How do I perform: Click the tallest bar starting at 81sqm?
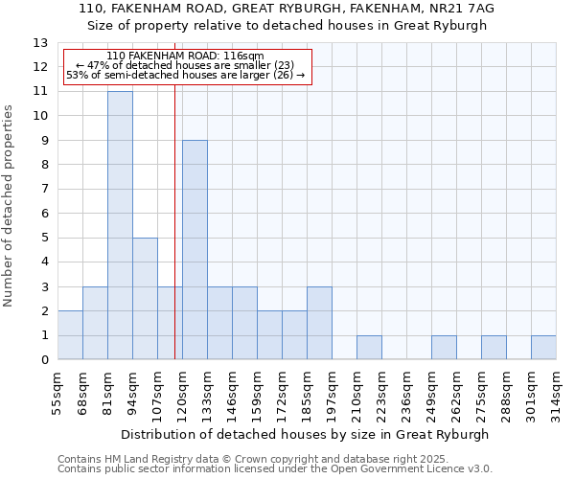(x=120, y=225)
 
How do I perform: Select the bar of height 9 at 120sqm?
(x=195, y=250)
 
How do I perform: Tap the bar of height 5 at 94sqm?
(x=145, y=299)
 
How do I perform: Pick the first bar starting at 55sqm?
(x=70, y=335)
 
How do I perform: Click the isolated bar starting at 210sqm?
(x=369, y=348)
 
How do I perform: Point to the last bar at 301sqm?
(x=543, y=348)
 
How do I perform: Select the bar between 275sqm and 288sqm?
(x=494, y=348)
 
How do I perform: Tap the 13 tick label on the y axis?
(x=40, y=43)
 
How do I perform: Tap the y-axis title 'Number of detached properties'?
(x=9, y=207)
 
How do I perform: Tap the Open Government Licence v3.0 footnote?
(x=402, y=469)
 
